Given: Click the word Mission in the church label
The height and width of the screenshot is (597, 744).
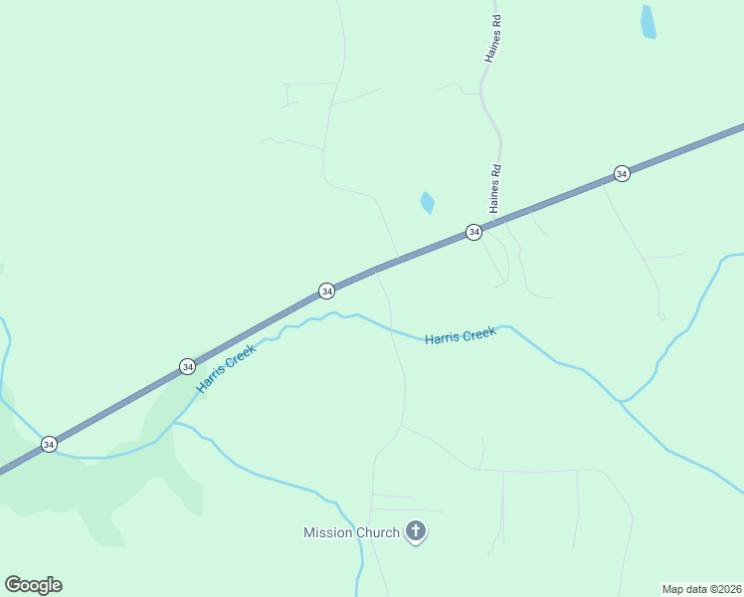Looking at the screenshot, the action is (x=328, y=532).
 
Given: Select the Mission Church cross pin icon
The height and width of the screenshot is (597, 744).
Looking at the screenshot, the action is (x=416, y=532).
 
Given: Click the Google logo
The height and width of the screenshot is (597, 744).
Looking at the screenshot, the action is (x=33, y=585).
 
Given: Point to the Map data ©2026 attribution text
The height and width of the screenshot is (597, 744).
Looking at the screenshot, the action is (x=701, y=588).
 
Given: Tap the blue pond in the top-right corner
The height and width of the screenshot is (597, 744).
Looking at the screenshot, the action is (x=649, y=22).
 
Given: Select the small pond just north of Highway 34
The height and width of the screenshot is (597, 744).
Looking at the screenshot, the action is (x=428, y=203).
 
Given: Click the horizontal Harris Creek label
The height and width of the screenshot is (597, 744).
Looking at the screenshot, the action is (x=460, y=336).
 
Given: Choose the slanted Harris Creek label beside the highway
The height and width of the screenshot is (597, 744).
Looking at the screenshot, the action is (x=227, y=367).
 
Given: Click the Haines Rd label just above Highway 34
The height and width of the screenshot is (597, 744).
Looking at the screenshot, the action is (x=494, y=187).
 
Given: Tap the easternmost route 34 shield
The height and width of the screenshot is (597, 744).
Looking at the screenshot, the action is (x=622, y=174).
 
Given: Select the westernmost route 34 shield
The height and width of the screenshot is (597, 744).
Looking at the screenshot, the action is (x=49, y=444).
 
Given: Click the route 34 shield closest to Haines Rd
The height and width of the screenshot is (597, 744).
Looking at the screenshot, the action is (x=474, y=232).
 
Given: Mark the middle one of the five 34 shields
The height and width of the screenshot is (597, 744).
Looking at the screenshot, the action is (x=326, y=291).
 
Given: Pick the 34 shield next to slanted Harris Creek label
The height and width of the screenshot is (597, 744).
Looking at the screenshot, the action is (x=187, y=367).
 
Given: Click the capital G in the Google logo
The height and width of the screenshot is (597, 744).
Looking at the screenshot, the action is (x=13, y=585).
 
